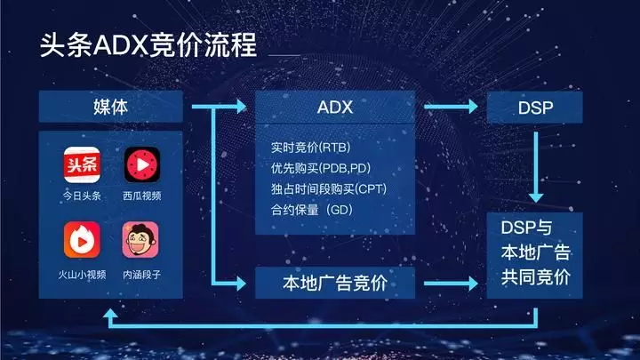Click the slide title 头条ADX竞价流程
(148, 44)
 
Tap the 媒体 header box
(110, 107)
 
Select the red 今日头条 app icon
(82, 165)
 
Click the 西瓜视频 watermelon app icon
(142, 165)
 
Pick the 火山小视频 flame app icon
(82, 240)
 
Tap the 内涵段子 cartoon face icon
(140, 240)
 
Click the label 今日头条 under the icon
(82, 196)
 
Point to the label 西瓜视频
(142, 196)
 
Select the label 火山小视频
(82, 275)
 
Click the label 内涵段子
(141, 275)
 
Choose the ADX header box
(335, 107)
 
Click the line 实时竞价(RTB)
(310, 148)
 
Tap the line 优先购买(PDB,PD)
(321, 168)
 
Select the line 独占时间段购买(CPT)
(329, 189)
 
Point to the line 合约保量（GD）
(312, 210)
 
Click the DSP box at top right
(535, 108)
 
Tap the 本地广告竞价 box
(335, 283)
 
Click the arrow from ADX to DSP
(451, 107)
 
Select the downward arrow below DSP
(535, 167)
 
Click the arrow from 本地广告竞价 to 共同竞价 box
(451, 284)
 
